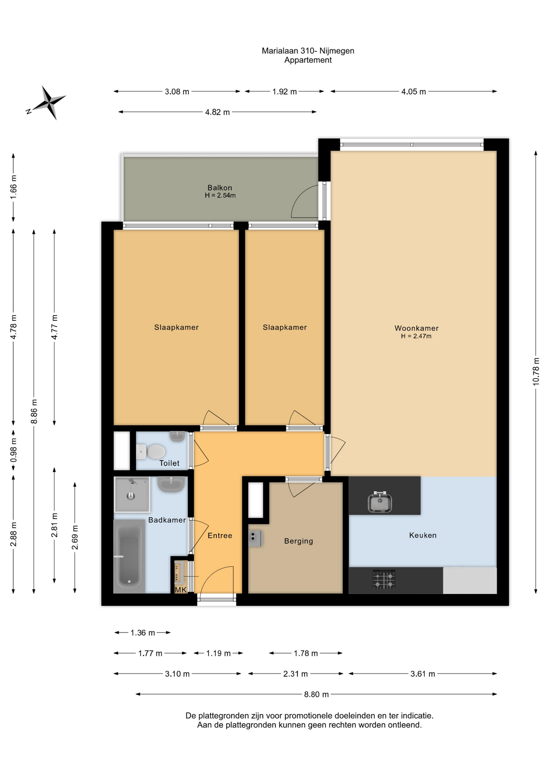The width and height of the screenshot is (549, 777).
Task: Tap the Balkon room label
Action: click(x=220, y=188)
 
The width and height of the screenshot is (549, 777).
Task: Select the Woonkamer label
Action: click(x=416, y=328)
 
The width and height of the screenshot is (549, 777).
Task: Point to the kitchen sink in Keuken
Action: click(x=380, y=502)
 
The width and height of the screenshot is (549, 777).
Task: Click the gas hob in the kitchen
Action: click(x=384, y=580)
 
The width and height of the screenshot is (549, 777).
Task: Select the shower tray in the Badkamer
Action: click(x=132, y=495)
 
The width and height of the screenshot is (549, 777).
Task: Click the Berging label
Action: click(x=299, y=541)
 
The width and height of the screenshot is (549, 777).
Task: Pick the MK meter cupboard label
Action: click(x=181, y=590)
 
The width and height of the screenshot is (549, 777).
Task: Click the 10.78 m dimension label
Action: click(x=536, y=372)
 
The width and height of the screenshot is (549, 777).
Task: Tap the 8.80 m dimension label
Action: click(x=317, y=694)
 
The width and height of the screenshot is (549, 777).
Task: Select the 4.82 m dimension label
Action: click(x=217, y=112)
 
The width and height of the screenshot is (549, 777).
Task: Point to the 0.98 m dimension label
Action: click(x=13, y=450)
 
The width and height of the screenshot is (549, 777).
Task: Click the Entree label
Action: click(x=220, y=535)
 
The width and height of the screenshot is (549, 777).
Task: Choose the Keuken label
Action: click(x=423, y=535)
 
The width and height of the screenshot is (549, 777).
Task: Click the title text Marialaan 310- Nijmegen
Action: click(x=308, y=51)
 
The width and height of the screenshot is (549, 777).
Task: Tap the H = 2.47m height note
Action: click(x=416, y=336)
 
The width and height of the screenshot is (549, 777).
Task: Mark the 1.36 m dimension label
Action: click(x=143, y=633)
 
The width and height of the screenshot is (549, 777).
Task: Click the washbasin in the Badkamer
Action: click(x=171, y=484)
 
